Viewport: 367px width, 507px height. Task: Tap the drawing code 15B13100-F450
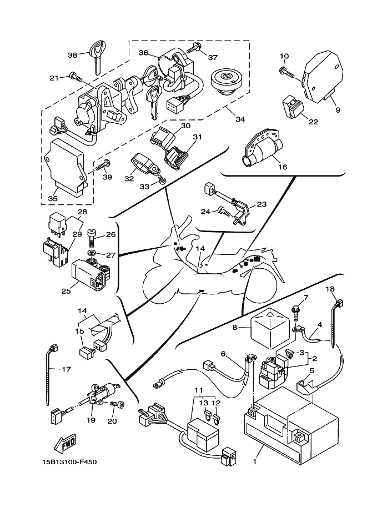69,461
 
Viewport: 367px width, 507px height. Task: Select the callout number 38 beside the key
72,55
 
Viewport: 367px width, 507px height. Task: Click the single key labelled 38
97,57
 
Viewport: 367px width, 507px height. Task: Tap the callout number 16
283,167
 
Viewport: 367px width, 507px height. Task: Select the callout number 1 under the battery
255,461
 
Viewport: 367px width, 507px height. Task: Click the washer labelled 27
91,252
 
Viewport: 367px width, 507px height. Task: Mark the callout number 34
240,119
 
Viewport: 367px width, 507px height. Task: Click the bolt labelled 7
295,312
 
